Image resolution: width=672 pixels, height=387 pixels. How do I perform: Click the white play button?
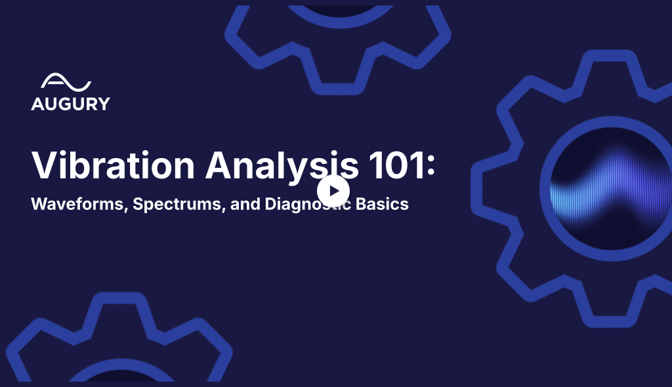333,191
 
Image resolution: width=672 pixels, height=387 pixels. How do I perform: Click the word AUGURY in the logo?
71,104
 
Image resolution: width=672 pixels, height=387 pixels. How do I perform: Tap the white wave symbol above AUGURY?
66,82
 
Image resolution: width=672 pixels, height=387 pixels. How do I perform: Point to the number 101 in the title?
396,165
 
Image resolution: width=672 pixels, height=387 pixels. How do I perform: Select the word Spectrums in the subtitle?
177,205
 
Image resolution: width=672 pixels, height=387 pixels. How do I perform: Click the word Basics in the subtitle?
382,204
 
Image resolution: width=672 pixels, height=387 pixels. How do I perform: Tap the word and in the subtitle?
245,204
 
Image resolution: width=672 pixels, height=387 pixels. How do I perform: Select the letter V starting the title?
44,165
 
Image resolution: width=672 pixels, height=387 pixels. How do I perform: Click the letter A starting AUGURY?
37,104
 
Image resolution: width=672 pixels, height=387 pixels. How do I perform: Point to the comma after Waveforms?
125,210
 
